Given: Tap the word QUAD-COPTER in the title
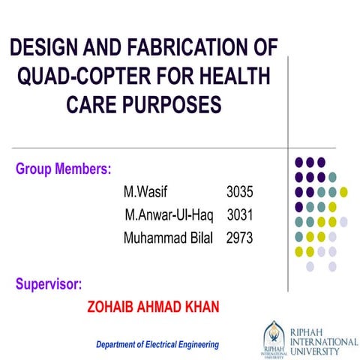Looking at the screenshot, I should pos(76,77).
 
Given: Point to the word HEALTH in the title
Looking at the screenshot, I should pos(230,77).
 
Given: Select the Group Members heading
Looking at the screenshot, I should pos(63,168).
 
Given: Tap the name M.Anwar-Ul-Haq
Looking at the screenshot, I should pos(169,215).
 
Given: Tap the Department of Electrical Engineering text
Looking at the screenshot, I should pos(157,344).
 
